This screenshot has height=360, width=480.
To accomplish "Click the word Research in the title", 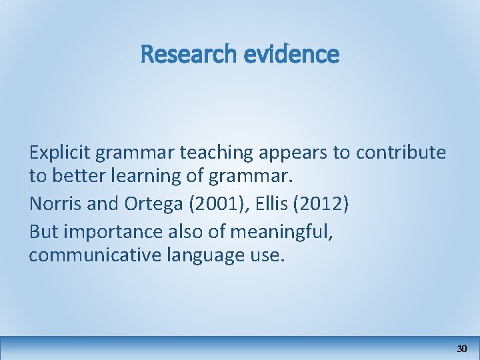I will (188, 54).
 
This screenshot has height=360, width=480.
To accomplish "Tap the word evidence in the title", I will (291, 54).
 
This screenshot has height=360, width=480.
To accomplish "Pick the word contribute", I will (401, 153).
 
